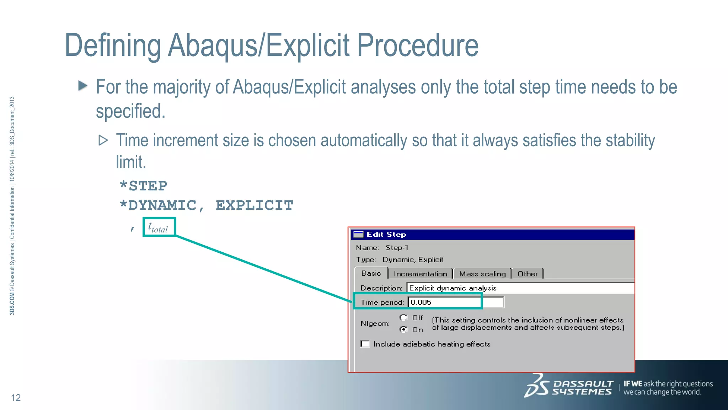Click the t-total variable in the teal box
(x=158, y=227)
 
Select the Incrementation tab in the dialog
(x=420, y=274)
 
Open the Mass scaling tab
(x=482, y=274)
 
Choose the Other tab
(x=527, y=274)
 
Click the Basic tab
(x=371, y=273)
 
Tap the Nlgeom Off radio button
(x=403, y=317)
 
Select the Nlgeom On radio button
(x=403, y=329)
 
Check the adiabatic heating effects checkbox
(x=365, y=344)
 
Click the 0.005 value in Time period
(x=421, y=302)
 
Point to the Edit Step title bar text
(x=386, y=235)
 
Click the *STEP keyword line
(x=143, y=186)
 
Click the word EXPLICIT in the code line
(x=254, y=205)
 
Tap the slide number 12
(x=16, y=398)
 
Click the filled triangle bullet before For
(x=83, y=85)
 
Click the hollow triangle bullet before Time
(x=103, y=140)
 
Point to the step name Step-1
(x=397, y=247)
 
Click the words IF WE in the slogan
(x=633, y=384)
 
